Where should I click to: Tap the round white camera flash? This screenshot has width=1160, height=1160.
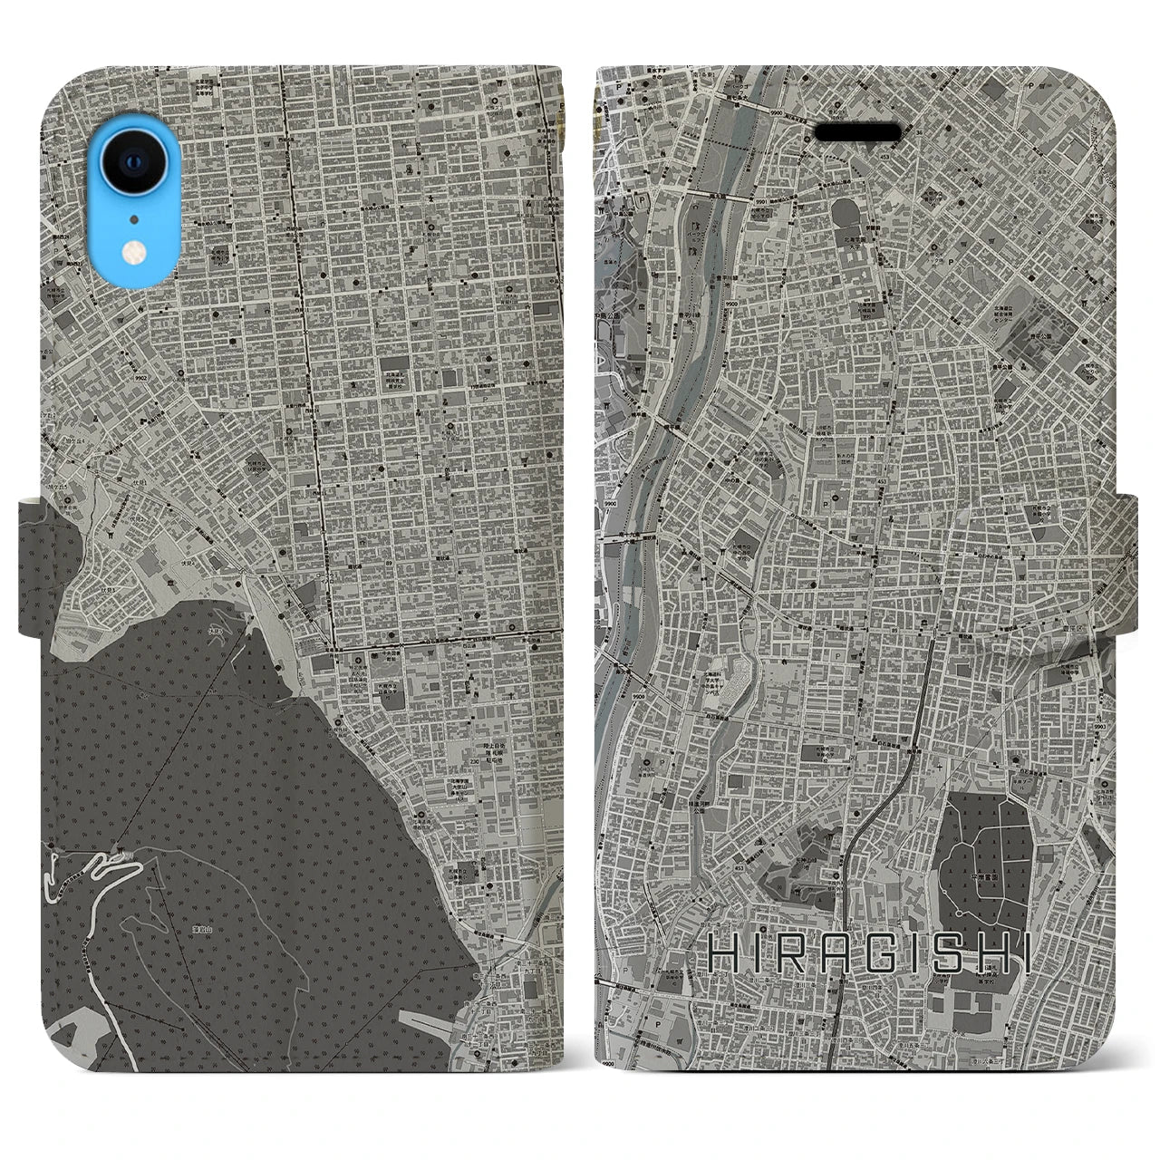(133, 256)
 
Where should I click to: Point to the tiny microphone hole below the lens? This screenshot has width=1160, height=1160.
(133, 218)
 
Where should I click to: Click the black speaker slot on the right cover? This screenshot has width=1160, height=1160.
(857, 132)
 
